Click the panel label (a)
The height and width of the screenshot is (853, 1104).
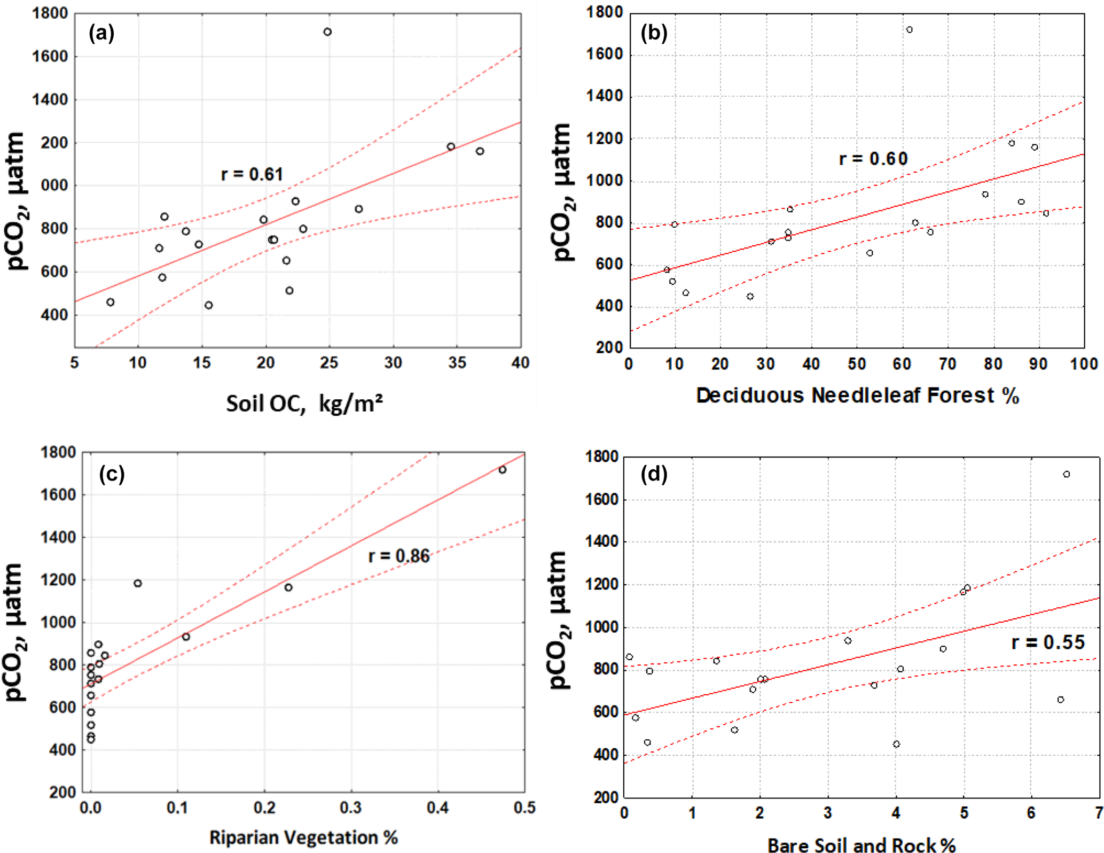[101, 33]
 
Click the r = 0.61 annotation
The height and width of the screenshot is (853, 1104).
[252, 174]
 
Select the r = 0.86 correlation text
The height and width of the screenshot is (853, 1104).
[399, 556]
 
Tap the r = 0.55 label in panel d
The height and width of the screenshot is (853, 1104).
[1048, 642]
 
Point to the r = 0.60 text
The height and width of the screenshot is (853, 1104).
[873, 159]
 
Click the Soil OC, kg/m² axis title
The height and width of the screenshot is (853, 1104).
[304, 404]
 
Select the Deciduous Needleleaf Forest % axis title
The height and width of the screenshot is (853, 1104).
[857, 396]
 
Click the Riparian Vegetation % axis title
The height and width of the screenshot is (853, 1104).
[303, 838]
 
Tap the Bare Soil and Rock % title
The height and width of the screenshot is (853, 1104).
[861, 845]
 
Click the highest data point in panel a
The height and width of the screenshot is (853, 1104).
[327, 32]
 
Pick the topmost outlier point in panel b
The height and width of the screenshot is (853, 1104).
[910, 30]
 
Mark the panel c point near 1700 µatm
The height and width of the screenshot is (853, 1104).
[502, 470]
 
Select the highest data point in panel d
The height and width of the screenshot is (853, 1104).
[1067, 474]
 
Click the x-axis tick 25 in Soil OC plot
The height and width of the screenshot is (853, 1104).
[329, 363]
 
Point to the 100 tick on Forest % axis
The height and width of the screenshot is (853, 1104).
[1084, 364]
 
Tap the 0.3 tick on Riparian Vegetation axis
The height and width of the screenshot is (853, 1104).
[351, 808]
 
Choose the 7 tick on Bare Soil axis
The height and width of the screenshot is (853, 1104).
[1098, 813]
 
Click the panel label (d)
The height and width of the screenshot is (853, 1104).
[654, 474]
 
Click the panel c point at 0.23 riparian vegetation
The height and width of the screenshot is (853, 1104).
[288, 587]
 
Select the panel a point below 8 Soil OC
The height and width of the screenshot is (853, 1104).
[111, 302]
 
